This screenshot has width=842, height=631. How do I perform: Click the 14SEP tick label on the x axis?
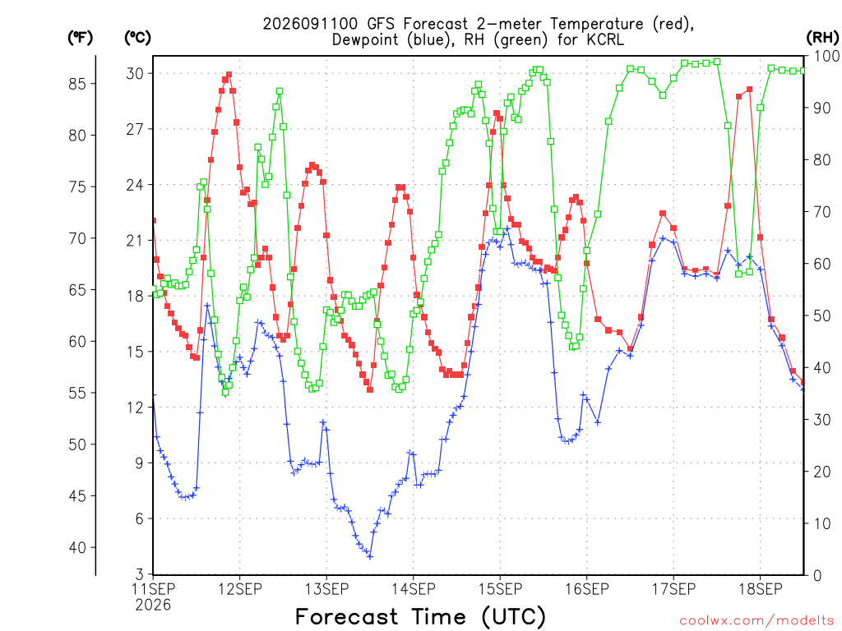[x=414, y=589]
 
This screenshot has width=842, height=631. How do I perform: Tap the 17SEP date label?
[x=674, y=589]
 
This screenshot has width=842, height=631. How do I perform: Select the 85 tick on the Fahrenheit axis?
[x=77, y=84]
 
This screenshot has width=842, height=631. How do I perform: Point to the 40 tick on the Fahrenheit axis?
[x=77, y=548]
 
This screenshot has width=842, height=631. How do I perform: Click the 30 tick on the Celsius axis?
[x=135, y=73]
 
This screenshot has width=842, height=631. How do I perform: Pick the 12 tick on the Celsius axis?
[x=135, y=408]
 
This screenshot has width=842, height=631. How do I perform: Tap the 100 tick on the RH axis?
[x=826, y=56]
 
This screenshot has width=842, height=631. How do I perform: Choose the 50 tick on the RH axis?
[x=821, y=315]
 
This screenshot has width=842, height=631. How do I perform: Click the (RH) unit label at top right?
[x=822, y=37]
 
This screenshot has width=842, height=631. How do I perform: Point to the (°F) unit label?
[x=80, y=37]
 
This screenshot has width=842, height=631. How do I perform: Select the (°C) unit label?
[x=137, y=37]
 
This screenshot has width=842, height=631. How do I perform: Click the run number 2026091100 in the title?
[x=310, y=24]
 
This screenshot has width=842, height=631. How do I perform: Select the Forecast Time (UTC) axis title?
[x=420, y=616]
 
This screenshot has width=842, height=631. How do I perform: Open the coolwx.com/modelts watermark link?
[x=756, y=621]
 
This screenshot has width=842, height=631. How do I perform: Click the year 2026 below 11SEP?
[x=153, y=606]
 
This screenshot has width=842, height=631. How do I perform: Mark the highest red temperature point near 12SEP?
[x=229, y=75]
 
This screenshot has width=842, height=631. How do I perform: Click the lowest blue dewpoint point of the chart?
[x=369, y=557]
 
